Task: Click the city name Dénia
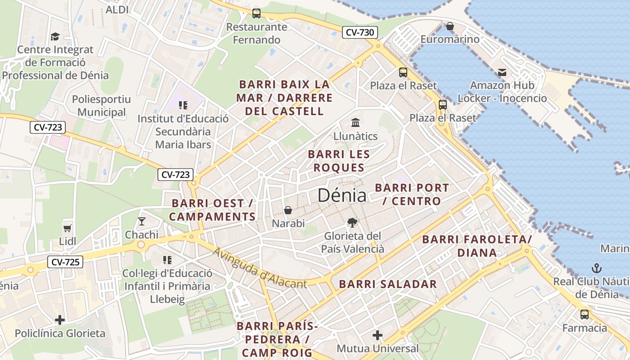tap(342, 195)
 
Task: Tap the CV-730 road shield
tap(360, 32)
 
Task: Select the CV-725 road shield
tap(65, 262)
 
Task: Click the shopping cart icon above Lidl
tap(67, 228)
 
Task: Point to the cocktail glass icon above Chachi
tap(142, 221)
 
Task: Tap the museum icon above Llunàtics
tap(355, 122)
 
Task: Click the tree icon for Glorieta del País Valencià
tap(352, 222)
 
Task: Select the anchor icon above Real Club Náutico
tap(597, 268)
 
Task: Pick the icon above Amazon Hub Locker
tap(502, 72)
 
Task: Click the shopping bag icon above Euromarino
tap(450, 26)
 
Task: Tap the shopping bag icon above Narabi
tap(288, 210)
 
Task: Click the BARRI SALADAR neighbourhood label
tap(388, 284)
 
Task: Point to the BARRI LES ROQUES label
tap(339, 161)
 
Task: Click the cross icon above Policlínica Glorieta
tap(60, 320)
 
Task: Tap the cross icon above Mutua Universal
tap(378, 335)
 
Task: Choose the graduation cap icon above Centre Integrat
tap(55, 36)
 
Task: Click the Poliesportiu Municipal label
tap(101, 106)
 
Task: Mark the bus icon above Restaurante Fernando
tap(256, 13)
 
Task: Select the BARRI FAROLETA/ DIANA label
tap(477, 246)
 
